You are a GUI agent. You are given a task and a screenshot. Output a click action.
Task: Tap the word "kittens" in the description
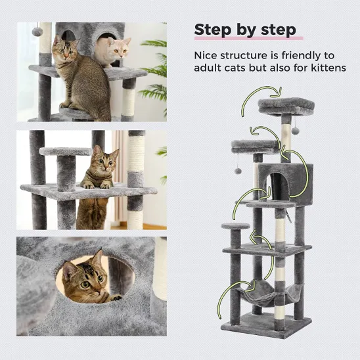324,68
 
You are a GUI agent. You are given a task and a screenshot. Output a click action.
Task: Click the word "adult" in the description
210,68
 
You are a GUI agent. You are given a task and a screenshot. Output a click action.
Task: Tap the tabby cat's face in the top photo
64,52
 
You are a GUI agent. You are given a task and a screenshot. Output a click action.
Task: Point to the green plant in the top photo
155,72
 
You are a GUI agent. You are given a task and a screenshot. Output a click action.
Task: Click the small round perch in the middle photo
65,152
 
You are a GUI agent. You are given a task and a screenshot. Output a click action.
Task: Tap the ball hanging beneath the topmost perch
295,131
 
